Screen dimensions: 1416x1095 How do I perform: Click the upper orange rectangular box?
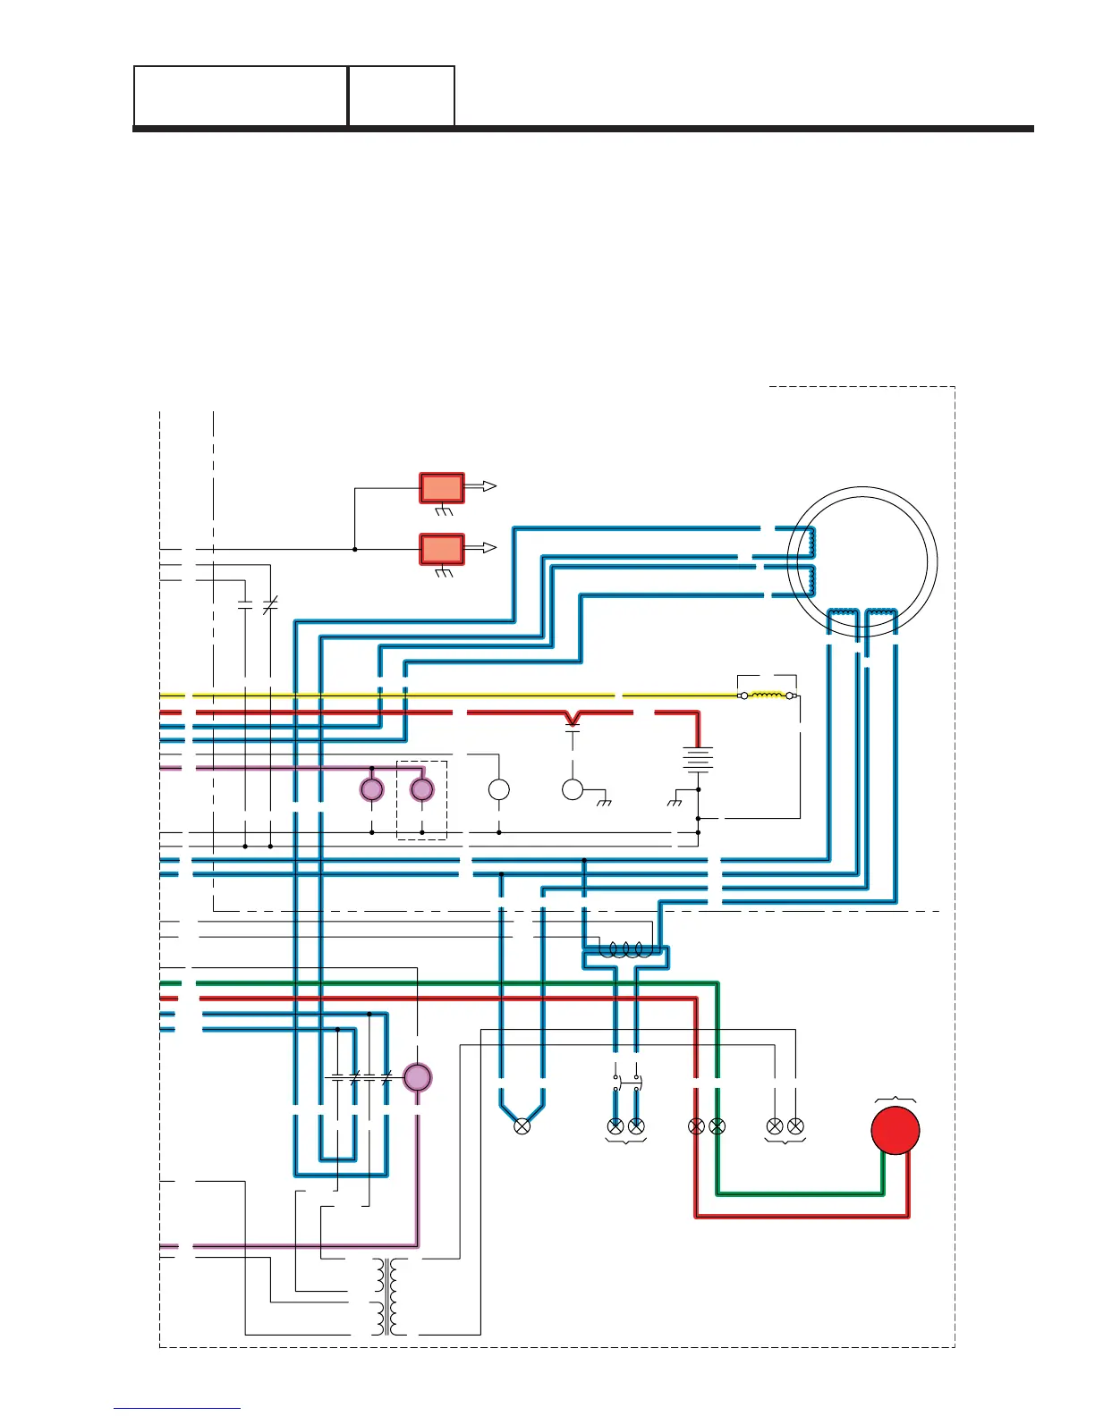442,488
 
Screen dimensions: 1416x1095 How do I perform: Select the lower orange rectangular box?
442,549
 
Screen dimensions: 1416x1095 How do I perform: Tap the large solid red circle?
896,1130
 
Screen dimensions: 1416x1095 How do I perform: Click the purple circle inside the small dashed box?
421,789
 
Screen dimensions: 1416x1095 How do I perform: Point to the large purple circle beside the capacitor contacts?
418,1077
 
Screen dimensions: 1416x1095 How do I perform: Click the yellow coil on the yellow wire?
767,695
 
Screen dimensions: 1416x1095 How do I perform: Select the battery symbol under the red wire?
698,760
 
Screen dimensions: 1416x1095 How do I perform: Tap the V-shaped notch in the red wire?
573,717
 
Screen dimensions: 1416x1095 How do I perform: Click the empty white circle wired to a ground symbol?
573,789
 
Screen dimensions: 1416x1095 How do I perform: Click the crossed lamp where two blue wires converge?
522,1126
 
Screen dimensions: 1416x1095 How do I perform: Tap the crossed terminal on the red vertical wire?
696,1126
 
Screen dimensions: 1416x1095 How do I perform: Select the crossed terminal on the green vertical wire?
717,1126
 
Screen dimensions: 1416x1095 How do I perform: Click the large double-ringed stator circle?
863,561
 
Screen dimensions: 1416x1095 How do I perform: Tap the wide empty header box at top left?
241,96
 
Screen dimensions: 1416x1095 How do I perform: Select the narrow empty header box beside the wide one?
402,96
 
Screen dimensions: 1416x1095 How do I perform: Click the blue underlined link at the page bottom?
177,1409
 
